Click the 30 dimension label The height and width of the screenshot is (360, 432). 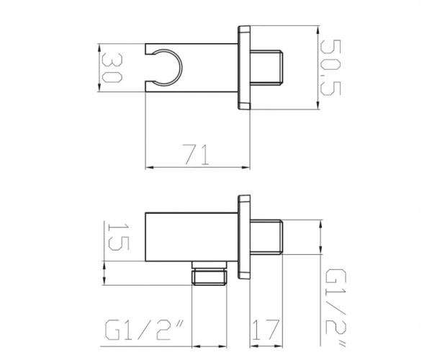point(112,68)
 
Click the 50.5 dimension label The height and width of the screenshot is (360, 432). point(330,68)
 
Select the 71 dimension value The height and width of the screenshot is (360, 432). point(197,154)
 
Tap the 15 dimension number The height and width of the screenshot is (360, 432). point(119,237)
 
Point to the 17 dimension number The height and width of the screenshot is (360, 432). point(266,330)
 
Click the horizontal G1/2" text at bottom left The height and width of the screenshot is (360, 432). point(145,330)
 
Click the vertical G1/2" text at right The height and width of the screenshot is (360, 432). point(336,308)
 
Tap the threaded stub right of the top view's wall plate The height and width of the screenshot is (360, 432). point(266,68)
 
